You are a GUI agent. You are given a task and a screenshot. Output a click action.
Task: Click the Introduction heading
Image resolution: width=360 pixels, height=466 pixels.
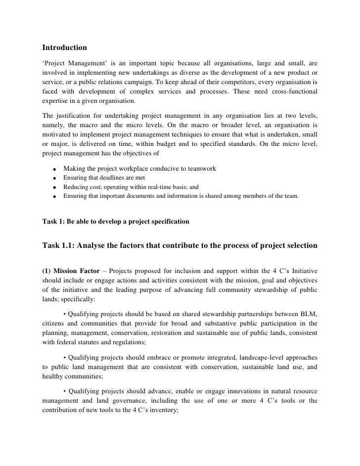tap(64, 47)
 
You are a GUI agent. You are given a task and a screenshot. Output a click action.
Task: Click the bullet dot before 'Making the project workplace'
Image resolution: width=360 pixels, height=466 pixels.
tap(52, 170)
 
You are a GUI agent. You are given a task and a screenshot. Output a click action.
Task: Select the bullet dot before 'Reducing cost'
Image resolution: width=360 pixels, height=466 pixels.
tap(52, 187)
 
